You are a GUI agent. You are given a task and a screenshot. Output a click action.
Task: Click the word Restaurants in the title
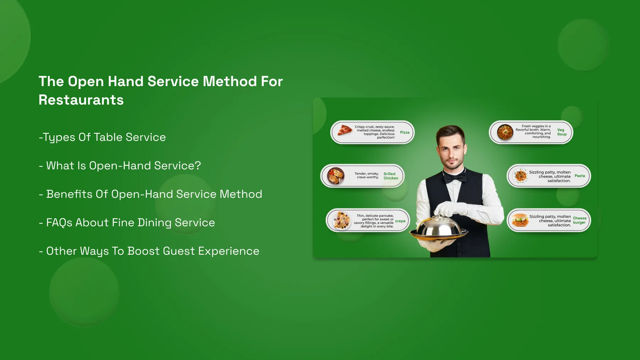pos(81,100)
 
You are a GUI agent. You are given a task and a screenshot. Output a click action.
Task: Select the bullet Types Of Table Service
pos(102,137)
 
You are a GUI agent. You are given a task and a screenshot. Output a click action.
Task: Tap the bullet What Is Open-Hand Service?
pos(120,166)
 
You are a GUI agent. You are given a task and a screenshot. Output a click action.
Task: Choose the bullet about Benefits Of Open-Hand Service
pos(150,194)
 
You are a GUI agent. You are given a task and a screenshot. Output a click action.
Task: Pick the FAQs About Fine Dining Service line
pos(127,223)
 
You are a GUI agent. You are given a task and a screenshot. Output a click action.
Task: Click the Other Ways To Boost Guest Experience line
pos(149,251)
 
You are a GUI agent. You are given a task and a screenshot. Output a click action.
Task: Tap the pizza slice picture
pos(345,130)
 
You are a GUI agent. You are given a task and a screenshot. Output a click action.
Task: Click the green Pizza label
pos(405,132)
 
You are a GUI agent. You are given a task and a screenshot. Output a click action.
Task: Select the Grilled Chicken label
pos(391,176)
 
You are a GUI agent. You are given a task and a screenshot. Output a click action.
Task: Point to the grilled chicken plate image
pos(336,176)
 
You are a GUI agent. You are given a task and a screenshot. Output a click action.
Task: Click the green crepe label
pos(400,221)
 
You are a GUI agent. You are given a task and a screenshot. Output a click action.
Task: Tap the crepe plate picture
pos(342,220)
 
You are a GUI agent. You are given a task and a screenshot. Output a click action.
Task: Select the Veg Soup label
pos(562,132)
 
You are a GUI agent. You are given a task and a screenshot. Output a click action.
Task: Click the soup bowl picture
pos(505,133)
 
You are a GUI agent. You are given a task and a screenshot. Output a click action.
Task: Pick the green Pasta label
pos(580,176)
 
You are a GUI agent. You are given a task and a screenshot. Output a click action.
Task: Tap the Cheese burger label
pos(580,220)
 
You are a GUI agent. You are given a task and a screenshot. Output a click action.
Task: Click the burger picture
pos(520,220)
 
